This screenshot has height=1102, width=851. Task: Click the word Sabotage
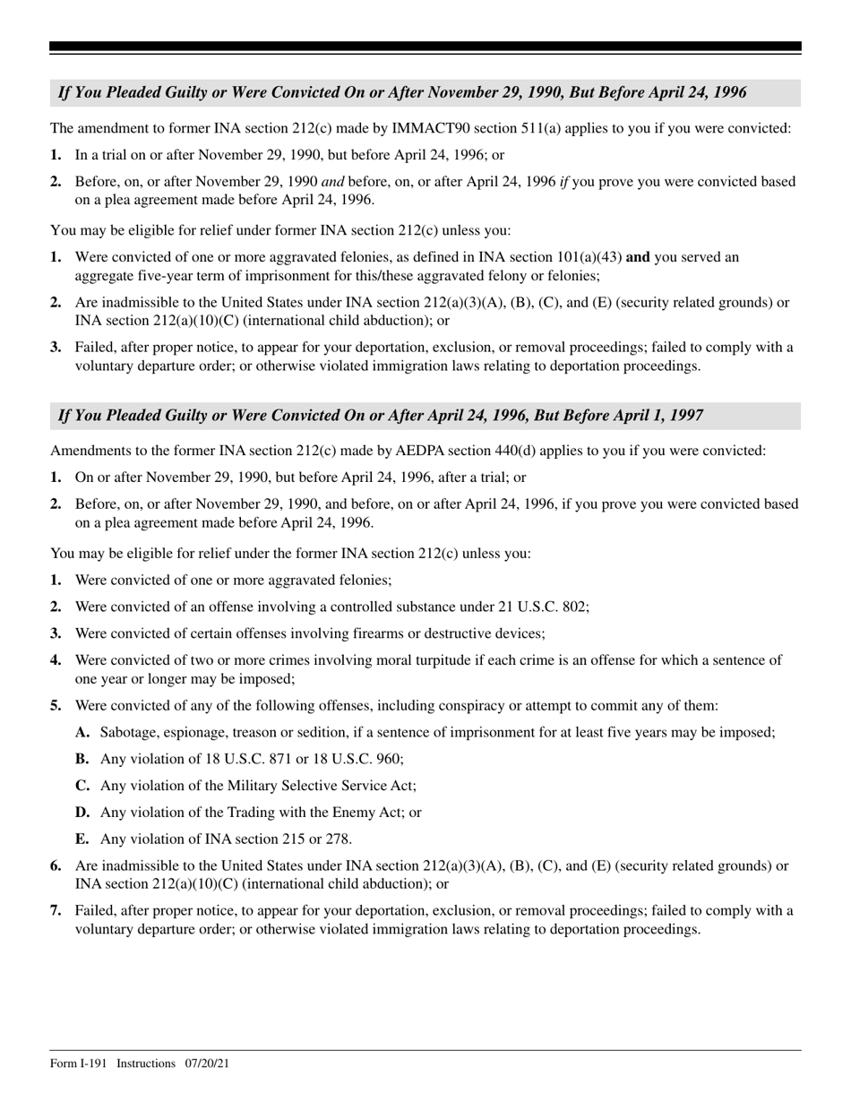[x=131, y=733]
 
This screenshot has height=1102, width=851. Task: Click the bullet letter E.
[x=82, y=839]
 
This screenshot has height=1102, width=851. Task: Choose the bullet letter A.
[x=82, y=733]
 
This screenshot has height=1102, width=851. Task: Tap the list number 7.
[x=56, y=911]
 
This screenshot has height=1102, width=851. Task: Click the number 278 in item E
[x=338, y=839]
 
